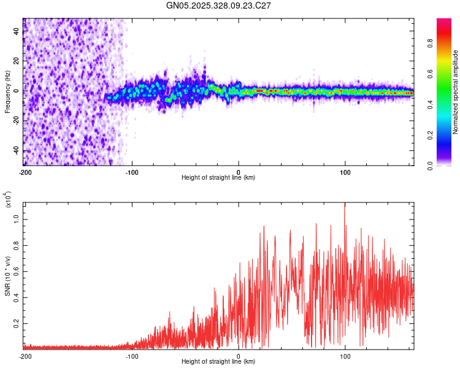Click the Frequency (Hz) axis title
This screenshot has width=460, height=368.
click(x=7, y=92)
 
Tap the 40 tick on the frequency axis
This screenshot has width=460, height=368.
click(x=17, y=31)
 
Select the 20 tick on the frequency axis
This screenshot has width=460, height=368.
click(x=17, y=61)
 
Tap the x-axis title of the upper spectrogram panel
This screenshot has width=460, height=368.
click(x=218, y=178)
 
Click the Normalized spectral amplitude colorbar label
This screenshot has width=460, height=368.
click(x=456, y=92)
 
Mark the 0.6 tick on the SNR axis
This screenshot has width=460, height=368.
click(x=17, y=271)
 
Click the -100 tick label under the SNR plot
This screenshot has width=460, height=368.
click(x=131, y=356)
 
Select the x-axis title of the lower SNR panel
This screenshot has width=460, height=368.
click(x=218, y=362)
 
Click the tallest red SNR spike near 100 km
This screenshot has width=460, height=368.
click(x=345, y=205)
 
